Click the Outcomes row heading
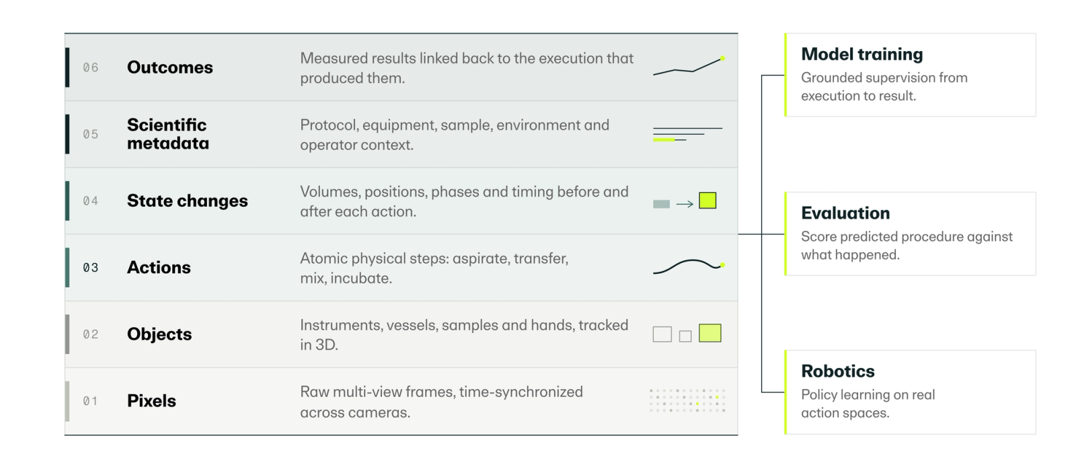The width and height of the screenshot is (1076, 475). (x=169, y=67)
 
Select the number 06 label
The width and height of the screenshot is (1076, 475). (x=90, y=67)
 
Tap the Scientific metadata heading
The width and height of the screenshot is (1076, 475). (x=167, y=134)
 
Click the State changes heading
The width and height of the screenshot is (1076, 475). (x=188, y=201)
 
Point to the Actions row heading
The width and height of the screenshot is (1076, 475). (x=159, y=267)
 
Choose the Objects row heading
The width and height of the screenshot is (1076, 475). (x=159, y=334)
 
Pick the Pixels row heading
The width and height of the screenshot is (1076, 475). (x=151, y=401)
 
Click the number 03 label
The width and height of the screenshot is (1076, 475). (x=90, y=267)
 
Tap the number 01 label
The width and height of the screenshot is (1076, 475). (x=90, y=401)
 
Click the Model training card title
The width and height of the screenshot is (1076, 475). (x=861, y=54)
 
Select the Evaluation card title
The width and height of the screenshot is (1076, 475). (x=845, y=213)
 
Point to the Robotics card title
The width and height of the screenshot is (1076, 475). (x=838, y=371)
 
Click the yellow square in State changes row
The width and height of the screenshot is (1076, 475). (x=707, y=200)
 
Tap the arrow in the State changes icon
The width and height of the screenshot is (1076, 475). (x=685, y=205)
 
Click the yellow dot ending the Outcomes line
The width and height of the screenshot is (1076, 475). (x=722, y=59)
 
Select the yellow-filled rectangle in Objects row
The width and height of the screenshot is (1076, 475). (x=710, y=333)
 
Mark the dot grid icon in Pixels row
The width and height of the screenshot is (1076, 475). (x=687, y=400)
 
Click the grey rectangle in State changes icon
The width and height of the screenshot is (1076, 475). (x=662, y=205)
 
